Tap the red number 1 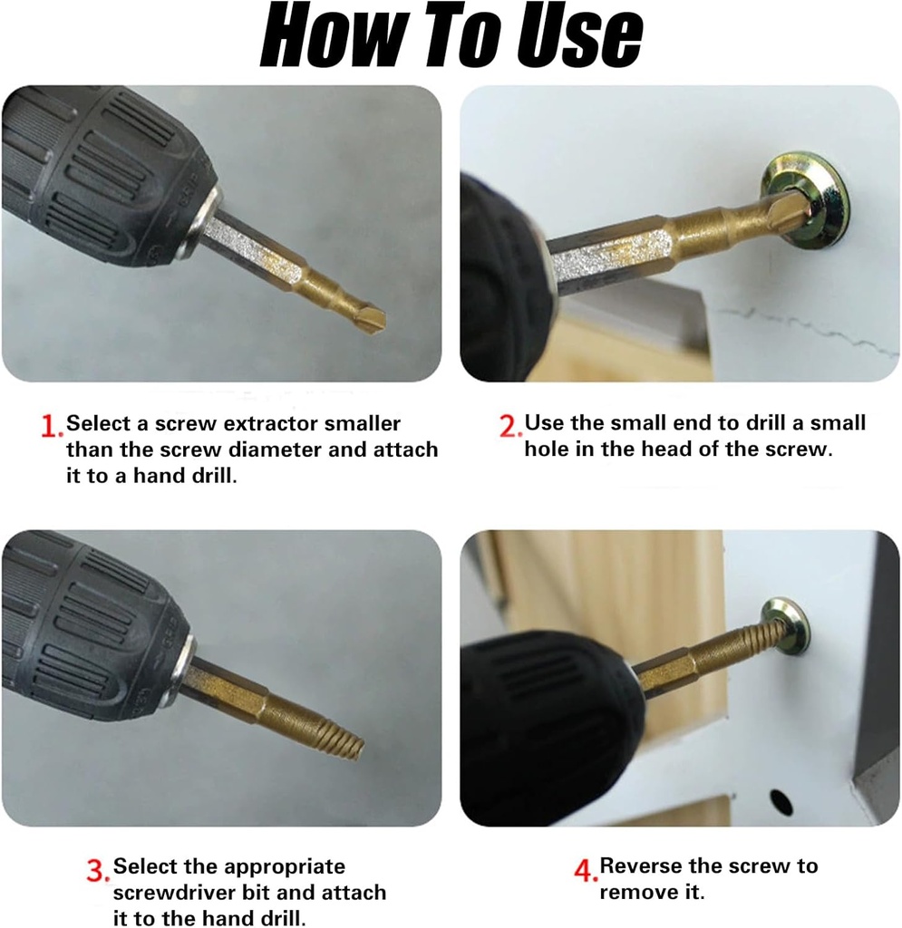click(x=52, y=425)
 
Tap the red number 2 click(x=509, y=425)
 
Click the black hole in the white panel click(x=780, y=801)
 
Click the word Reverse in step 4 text click(x=641, y=866)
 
